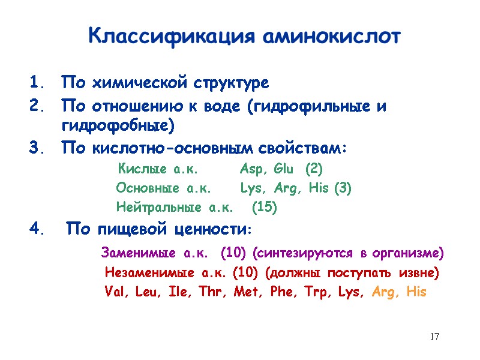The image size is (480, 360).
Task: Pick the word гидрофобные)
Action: point(118,127)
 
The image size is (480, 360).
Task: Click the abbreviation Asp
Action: point(253,168)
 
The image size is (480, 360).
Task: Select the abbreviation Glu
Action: point(284,168)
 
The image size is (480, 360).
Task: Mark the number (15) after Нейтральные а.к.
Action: point(264,208)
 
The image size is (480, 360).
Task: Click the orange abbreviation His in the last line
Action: point(416,292)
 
